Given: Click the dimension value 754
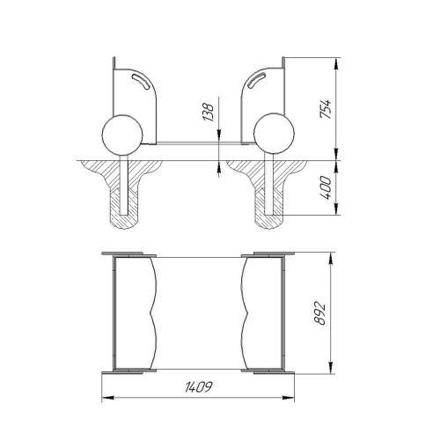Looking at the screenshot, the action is coord(326,109).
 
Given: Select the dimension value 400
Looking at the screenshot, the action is coord(326,187).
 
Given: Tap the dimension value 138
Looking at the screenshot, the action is coord(209,112).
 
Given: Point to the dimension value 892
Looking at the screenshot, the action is coord(319,313).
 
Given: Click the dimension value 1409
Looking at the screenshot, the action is coord(198,387).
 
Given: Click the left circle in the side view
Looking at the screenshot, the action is coord(122,135).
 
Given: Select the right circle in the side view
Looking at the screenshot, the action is coord(274,134).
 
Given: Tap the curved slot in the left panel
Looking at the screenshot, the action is coord(141,81).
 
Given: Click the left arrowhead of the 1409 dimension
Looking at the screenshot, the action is coord(107,398).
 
